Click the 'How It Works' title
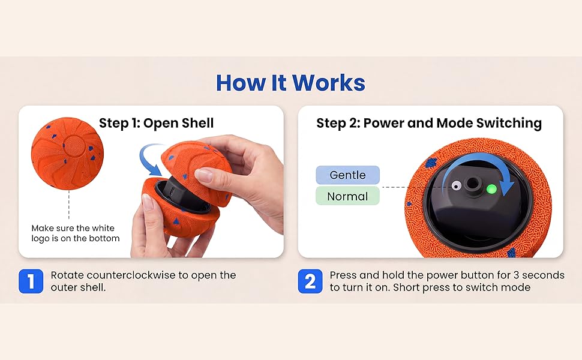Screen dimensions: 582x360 [290, 82]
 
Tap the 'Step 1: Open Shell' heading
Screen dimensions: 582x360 [156, 123]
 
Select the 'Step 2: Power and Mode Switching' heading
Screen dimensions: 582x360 [429, 123]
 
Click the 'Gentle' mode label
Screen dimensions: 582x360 [348, 175]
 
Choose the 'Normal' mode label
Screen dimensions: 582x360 [348, 196]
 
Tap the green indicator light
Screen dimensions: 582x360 [491, 189]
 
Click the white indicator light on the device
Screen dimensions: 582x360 [456, 185]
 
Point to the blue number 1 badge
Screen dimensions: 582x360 [31, 281]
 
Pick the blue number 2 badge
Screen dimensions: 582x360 [310, 281]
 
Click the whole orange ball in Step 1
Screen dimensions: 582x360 [67, 154]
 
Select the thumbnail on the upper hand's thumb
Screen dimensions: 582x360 [204, 175]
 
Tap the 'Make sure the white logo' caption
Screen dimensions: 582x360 [73, 228]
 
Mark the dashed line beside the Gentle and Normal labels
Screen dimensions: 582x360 [394, 187]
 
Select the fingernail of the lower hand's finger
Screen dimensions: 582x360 [148, 203]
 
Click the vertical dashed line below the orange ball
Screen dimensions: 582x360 [68, 205]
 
